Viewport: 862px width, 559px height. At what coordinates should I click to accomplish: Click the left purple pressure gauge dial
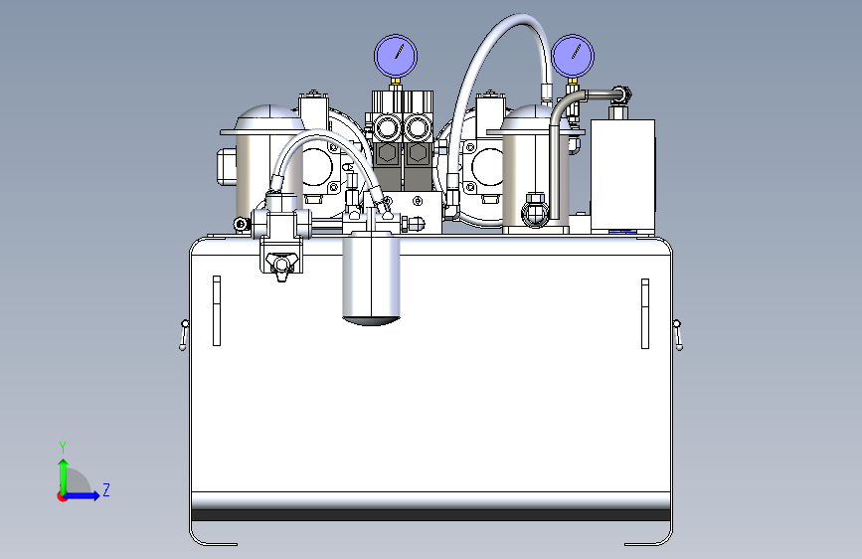[396, 56]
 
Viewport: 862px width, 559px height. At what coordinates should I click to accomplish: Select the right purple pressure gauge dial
[573, 56]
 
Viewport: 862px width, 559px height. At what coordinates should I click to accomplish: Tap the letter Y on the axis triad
[63, 448]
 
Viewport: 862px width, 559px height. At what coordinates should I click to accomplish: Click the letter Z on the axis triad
[106, 489]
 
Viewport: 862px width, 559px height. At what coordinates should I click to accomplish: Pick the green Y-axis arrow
[64, 477]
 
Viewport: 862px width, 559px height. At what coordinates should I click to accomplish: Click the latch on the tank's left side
[184, 334]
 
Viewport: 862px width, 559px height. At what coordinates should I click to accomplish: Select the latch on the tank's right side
[678, 334]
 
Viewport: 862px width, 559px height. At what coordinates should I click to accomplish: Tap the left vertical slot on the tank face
[217, 311]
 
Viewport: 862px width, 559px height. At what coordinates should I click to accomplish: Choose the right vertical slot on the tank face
[645, 313]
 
